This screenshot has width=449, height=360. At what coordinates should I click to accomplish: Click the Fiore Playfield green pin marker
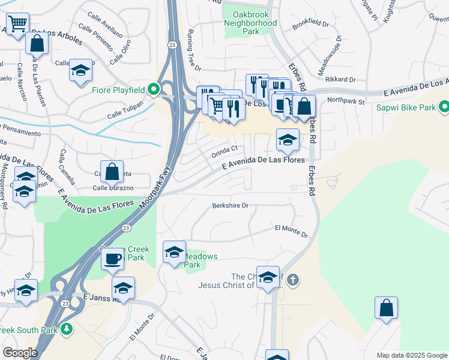point(153,90)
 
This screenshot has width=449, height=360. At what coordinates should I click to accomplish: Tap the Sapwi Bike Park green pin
point(444,107)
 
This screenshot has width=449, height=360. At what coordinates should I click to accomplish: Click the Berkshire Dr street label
point(230,206)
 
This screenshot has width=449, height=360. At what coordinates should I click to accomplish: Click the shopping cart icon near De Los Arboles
point(17,23)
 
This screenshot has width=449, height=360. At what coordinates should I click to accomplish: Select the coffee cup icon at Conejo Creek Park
point(112,259)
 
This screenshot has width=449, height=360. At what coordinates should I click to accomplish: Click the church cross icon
point(292,280)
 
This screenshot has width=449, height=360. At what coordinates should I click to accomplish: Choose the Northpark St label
point(346,101)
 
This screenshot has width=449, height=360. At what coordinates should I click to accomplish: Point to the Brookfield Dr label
point(310,25)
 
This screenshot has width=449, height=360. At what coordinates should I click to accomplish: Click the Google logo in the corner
point(20,353)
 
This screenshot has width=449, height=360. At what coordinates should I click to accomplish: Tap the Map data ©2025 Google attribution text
point(411,355)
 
